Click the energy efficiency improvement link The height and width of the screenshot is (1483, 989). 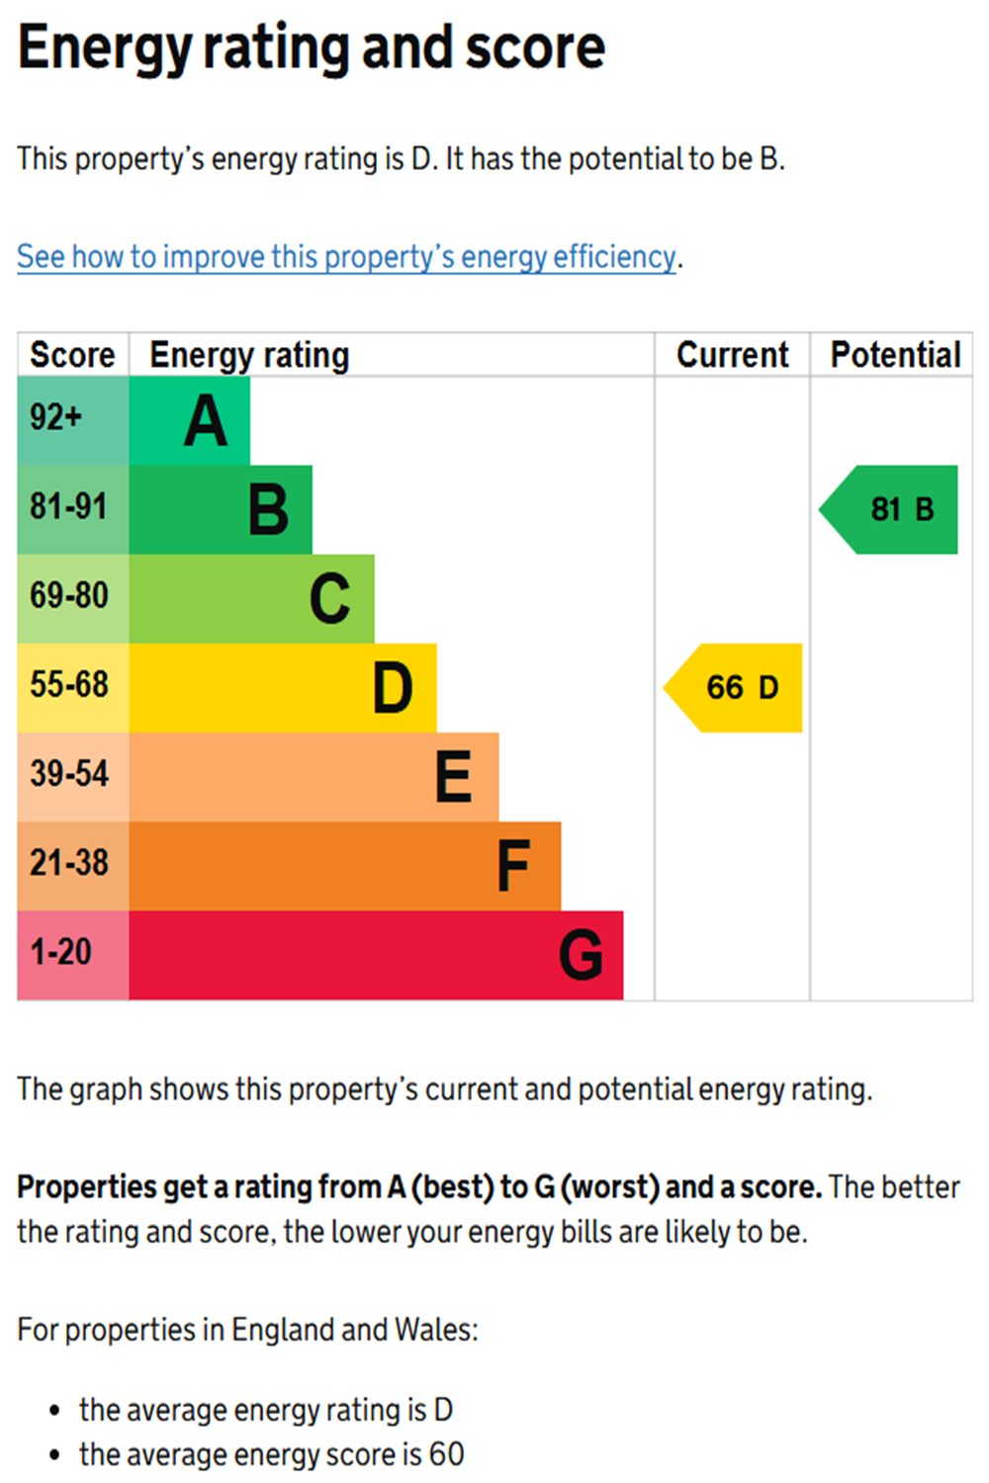[x=346, y=257]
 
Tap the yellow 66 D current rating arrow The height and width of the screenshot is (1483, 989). [x=737, y=687]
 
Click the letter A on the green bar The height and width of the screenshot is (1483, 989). [x=206, y=421]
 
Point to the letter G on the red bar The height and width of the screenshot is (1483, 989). [x=581, y=955]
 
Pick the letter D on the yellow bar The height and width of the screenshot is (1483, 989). [x=393, y=688]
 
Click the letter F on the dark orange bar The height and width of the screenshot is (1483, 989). [x=513, y=866]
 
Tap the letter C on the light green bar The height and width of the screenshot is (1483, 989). [x=330, y=599]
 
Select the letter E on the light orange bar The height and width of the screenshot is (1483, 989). [x=454, y=777]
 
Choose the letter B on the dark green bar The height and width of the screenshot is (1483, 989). [x=268, y=510]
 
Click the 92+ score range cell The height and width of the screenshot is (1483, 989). [x=56, y=417]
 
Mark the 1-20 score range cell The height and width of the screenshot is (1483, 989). [x=61, y=952]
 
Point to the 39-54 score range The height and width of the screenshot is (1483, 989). [x=69, y=774]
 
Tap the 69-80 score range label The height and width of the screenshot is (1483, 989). [x=69, y=596]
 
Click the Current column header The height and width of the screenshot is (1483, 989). [x=732, y=355]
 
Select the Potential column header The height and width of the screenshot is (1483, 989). [x=895, y=355]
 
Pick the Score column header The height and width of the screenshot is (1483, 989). [x=72, y=355]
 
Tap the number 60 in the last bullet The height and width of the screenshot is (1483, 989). [x=446, y=1454]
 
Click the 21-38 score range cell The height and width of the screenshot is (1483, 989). [x=69, y=863]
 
